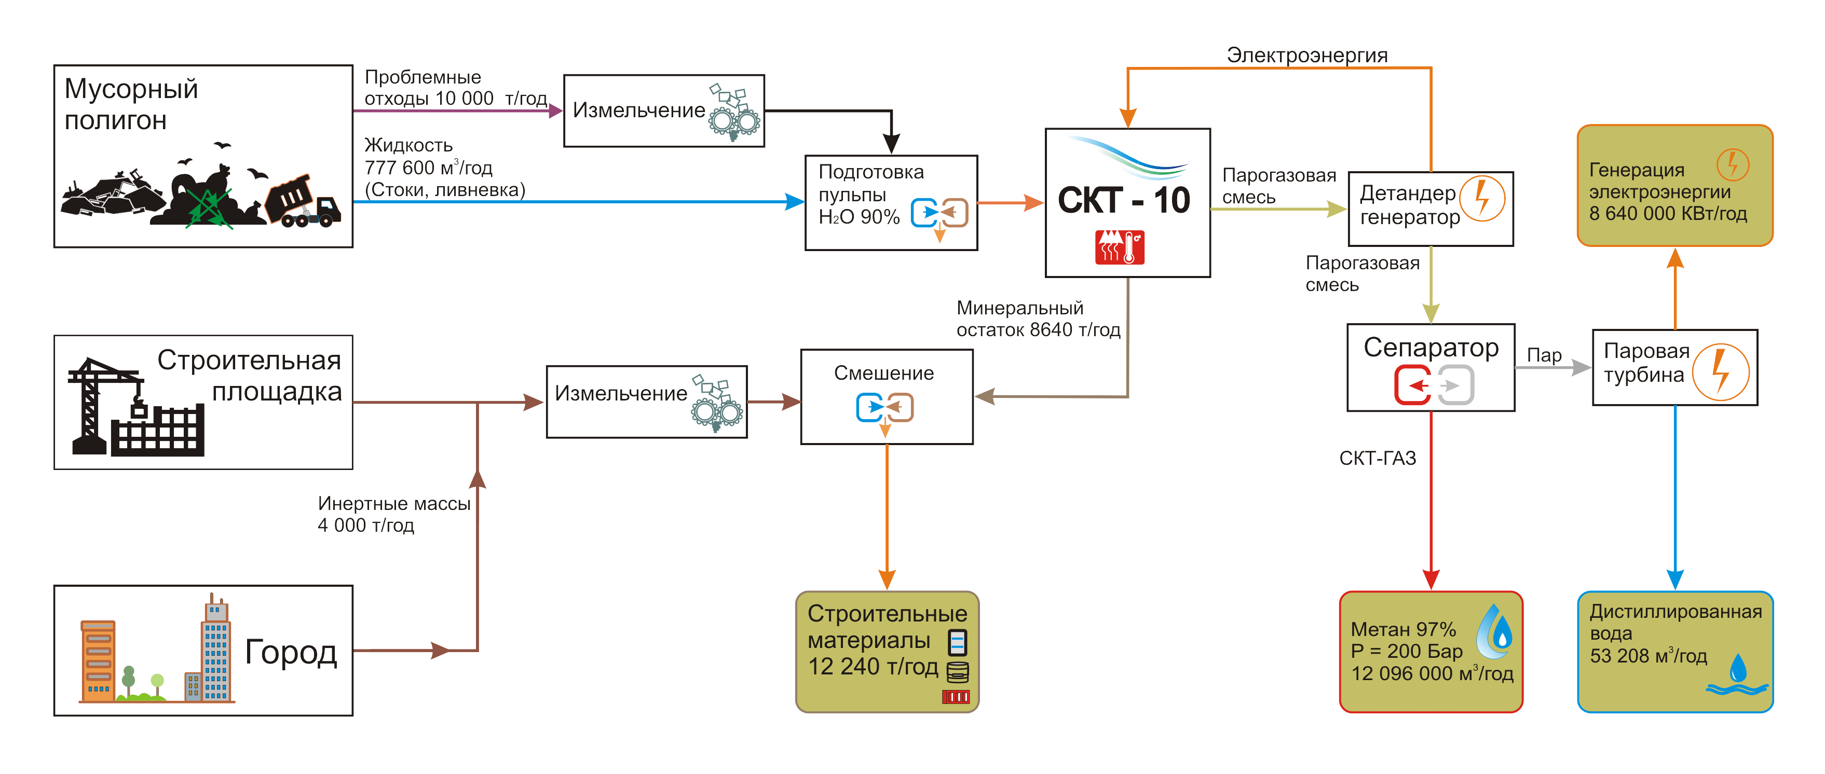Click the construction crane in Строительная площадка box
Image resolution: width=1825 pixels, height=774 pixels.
99,404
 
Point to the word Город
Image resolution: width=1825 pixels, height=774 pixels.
291,652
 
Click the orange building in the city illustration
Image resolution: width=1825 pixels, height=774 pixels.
98,660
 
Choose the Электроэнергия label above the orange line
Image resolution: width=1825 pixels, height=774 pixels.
1306,55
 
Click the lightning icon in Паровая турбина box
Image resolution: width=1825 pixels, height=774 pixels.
1720,372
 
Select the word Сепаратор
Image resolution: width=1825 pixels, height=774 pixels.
1431,348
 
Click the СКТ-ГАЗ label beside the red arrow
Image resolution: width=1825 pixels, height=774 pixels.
1377,458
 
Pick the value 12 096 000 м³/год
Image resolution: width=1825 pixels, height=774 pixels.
1432,673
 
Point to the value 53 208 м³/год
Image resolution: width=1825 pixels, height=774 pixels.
1648,656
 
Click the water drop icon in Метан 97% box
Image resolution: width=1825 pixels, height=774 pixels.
1495,632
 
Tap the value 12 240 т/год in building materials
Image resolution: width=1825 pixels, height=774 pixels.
873,667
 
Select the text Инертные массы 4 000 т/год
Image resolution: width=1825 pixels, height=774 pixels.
393,514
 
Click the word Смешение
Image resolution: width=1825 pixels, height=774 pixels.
883,373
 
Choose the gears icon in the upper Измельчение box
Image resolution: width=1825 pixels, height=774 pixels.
734,113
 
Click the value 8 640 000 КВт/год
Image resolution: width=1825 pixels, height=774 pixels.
1668,213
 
